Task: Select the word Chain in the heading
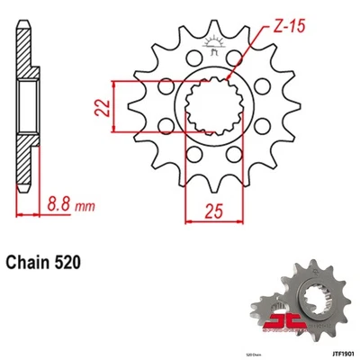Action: coord(35,264)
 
